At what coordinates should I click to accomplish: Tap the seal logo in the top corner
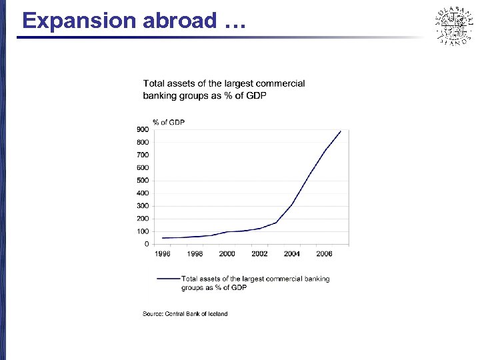pos(453,26)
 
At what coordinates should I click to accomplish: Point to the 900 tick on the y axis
pos(143,129)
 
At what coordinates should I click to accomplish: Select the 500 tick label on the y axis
pos(143,180)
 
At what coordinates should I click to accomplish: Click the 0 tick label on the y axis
pos(147,244)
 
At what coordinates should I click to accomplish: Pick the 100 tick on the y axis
pos(143,231)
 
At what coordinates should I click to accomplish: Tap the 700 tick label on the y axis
pos(143,155)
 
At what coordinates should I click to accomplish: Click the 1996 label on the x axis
pos(162,254)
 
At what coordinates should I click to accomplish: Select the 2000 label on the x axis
pos(227,254)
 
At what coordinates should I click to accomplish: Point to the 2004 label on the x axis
pos(292,254)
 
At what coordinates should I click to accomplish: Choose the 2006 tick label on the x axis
pos(324,254)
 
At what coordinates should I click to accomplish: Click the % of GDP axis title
pos(169,121)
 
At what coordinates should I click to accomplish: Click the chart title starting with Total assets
pos(224,89)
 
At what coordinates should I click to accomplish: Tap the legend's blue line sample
pos(168,279)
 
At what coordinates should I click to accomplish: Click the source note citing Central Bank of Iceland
pos(185,313)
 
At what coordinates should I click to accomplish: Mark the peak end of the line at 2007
pos(341,131)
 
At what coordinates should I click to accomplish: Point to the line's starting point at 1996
pos(162,238)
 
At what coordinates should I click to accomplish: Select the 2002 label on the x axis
pos(259,254)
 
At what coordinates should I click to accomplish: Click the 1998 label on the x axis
pos(195,254)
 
